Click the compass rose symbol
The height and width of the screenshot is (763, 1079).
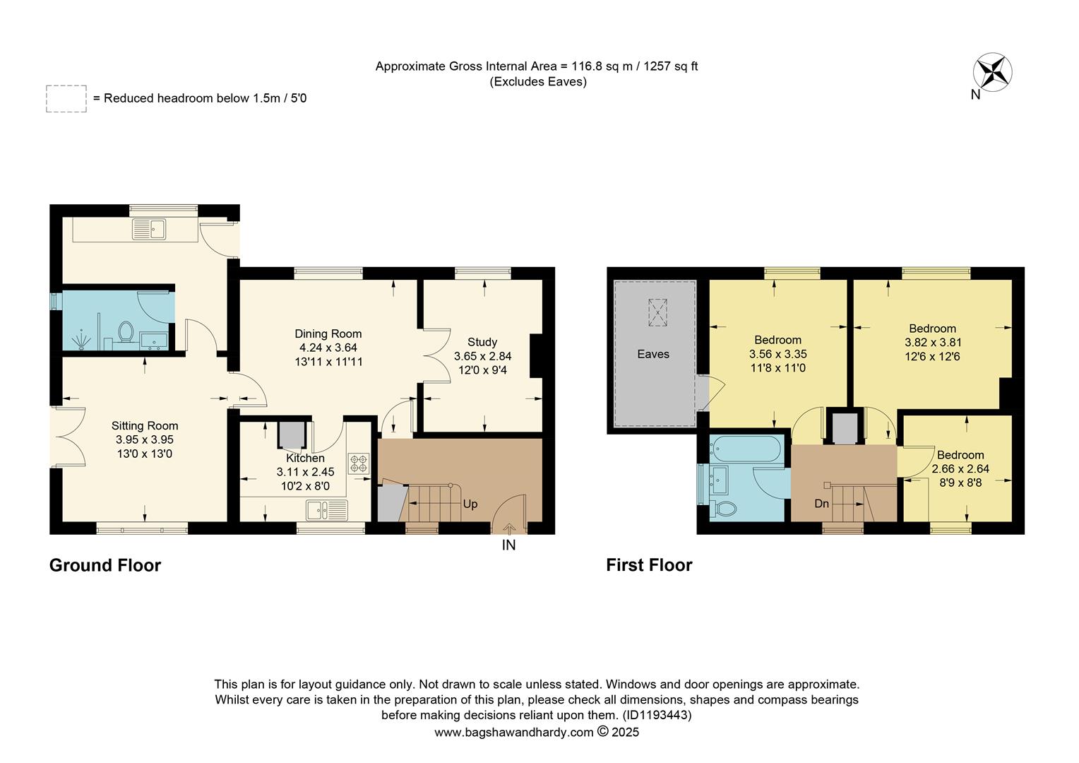click(992, 72)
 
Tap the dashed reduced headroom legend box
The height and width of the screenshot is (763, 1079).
click(66, 99)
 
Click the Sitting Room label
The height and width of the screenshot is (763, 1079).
click(144, 425)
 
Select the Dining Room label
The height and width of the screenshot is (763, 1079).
click(328, 333)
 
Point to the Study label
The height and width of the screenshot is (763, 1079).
click(482, 342)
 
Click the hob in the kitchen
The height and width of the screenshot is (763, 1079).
click(359, 463)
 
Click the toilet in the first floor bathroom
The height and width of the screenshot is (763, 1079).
click(725, 508)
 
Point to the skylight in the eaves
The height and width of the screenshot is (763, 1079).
click(657, 312)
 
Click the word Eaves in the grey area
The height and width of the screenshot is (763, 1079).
click(652, 354)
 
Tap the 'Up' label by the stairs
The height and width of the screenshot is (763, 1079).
click(470, 504)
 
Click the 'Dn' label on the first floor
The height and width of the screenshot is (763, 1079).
click(821, 504)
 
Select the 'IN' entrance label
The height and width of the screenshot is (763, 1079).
click(508, 545)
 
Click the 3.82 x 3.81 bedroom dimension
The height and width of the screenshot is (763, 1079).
click(932, 343)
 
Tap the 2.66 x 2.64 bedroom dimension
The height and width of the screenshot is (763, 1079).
click(960, 469)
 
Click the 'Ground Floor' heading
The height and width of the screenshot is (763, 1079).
click(105, 565)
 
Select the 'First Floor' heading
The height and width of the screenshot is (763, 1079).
click(649, 565)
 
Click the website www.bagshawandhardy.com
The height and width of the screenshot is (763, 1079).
click(513, 733)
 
